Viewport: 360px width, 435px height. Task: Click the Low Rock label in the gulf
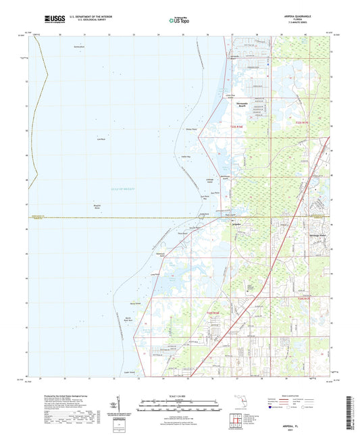pos(101,139)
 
